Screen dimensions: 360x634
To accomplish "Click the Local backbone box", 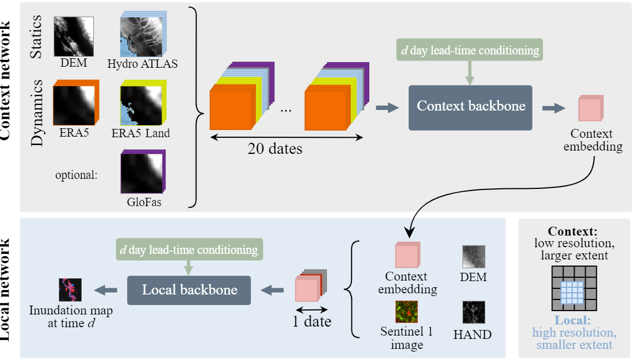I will [x=189, y=289].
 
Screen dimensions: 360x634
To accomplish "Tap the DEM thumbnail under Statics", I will [x=73, y=36].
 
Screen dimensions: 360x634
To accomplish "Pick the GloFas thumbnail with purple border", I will [x=142, y=172].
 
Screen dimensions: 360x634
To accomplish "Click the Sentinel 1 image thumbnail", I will [x=406, y=312].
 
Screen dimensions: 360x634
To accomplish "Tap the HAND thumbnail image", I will [x=474, y=312].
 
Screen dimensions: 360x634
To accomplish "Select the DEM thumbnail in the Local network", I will [x=474, y=257].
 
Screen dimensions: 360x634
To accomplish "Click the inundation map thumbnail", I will [x=71, y=289].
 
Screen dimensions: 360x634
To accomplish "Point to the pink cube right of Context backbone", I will [x=590, y=108].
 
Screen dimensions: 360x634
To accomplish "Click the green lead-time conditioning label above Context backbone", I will [x=469, y=50].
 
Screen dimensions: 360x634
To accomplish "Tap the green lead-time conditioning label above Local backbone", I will [x=189, y=250].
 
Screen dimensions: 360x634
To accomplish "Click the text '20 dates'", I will [x=275, y=148].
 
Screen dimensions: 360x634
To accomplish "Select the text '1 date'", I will [x=312, y=321].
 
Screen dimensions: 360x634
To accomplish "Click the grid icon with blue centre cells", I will [x=574, y=288].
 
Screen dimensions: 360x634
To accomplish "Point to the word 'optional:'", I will [x=76, y=175].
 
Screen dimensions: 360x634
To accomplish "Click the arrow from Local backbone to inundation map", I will [x=107, y=289].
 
